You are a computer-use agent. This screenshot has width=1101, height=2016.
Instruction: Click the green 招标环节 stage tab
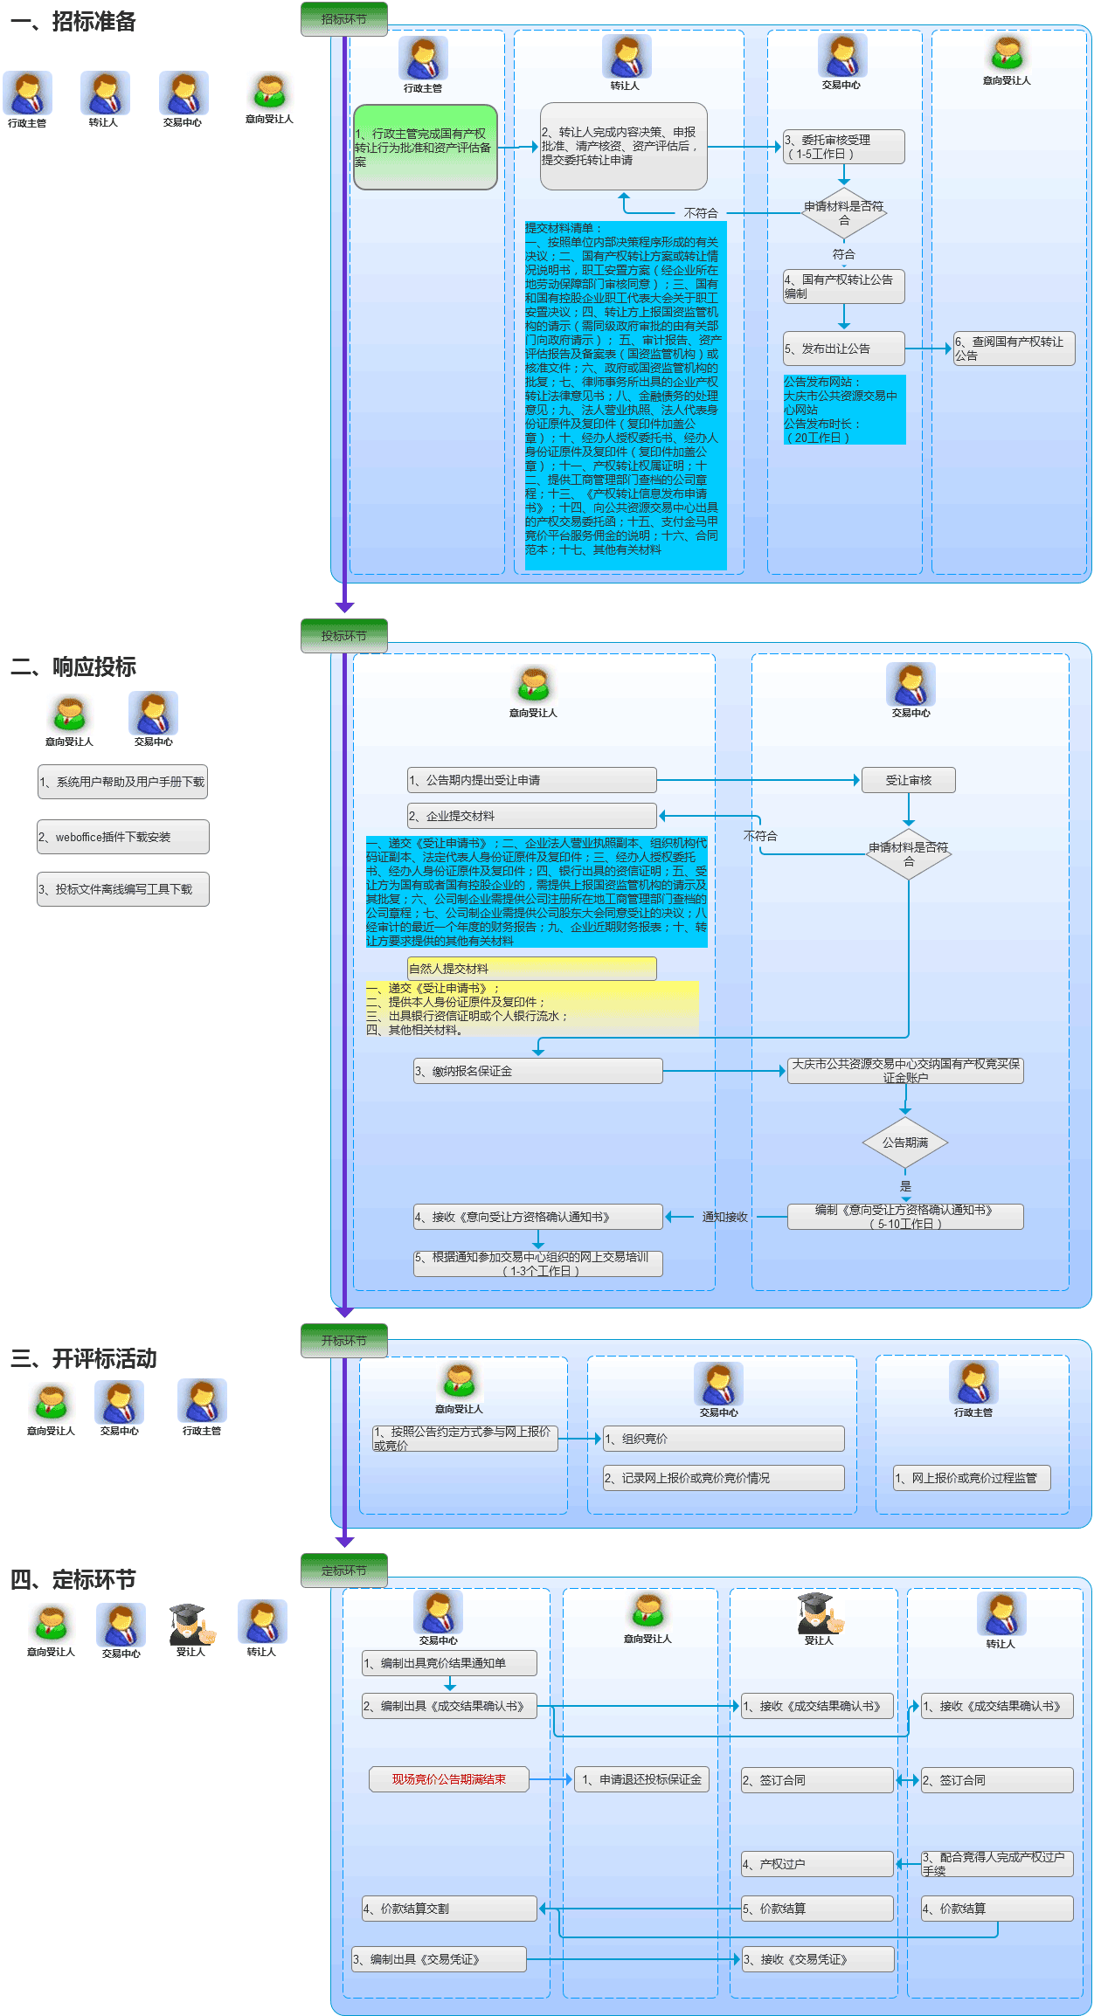coord(343,19)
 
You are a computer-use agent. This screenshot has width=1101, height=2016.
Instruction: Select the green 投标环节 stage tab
coord(343,636)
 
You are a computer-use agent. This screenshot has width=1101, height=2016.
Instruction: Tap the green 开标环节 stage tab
coord(343,1341)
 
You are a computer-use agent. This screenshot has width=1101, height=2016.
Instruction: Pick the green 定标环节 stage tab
coord(343,1571)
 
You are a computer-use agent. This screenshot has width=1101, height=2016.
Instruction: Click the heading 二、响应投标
coord(73,667)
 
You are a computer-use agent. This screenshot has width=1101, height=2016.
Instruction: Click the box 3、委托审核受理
coord(843,147)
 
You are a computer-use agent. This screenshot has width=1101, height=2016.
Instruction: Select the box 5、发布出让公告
coord(843,349)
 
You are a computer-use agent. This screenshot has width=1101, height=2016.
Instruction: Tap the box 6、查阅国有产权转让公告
coord(1014,349)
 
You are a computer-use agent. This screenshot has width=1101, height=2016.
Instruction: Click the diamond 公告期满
coord(905,1143)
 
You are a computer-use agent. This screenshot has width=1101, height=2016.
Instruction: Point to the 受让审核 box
coord(908,780)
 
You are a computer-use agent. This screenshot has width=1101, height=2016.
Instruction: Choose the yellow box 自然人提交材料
coord(531,968)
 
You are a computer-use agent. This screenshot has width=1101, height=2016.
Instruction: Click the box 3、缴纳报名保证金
coord(537,1071)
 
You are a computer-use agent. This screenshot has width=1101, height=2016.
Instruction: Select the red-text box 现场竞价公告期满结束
coord(448,1779)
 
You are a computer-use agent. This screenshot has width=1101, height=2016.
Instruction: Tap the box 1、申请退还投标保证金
coord(641,1779)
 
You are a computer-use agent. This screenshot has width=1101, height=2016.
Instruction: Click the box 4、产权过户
coord(817,1864)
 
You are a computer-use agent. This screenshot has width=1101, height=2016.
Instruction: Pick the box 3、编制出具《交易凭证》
coord(439,1959)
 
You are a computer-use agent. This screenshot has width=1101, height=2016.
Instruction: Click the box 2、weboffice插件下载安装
coord(122,837)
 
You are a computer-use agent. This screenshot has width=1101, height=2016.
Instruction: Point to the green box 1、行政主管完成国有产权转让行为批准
coord(425,148)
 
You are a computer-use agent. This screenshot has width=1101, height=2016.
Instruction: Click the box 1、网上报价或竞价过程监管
coord(972,1478)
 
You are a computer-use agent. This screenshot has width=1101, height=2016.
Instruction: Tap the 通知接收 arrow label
coord(724,1217)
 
